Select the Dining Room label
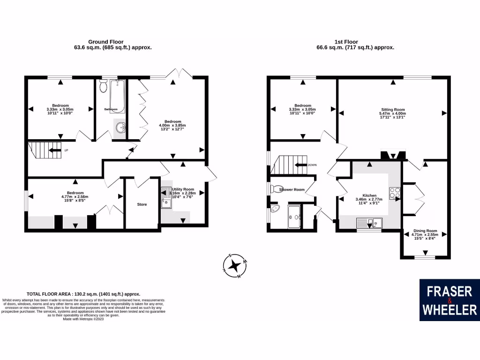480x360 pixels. point(425,231)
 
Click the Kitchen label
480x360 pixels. point(369,195)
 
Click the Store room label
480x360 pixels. point(142,204)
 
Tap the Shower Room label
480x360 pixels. point(292,190)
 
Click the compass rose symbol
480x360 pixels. point(236,266)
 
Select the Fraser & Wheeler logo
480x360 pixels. point(449,300)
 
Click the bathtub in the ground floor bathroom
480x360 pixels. point(118,96)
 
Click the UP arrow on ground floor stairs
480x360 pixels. point(55,150)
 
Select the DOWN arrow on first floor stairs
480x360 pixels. point(300,165)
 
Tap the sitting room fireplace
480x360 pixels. point(392,155)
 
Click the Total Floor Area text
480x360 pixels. point(83,294)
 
